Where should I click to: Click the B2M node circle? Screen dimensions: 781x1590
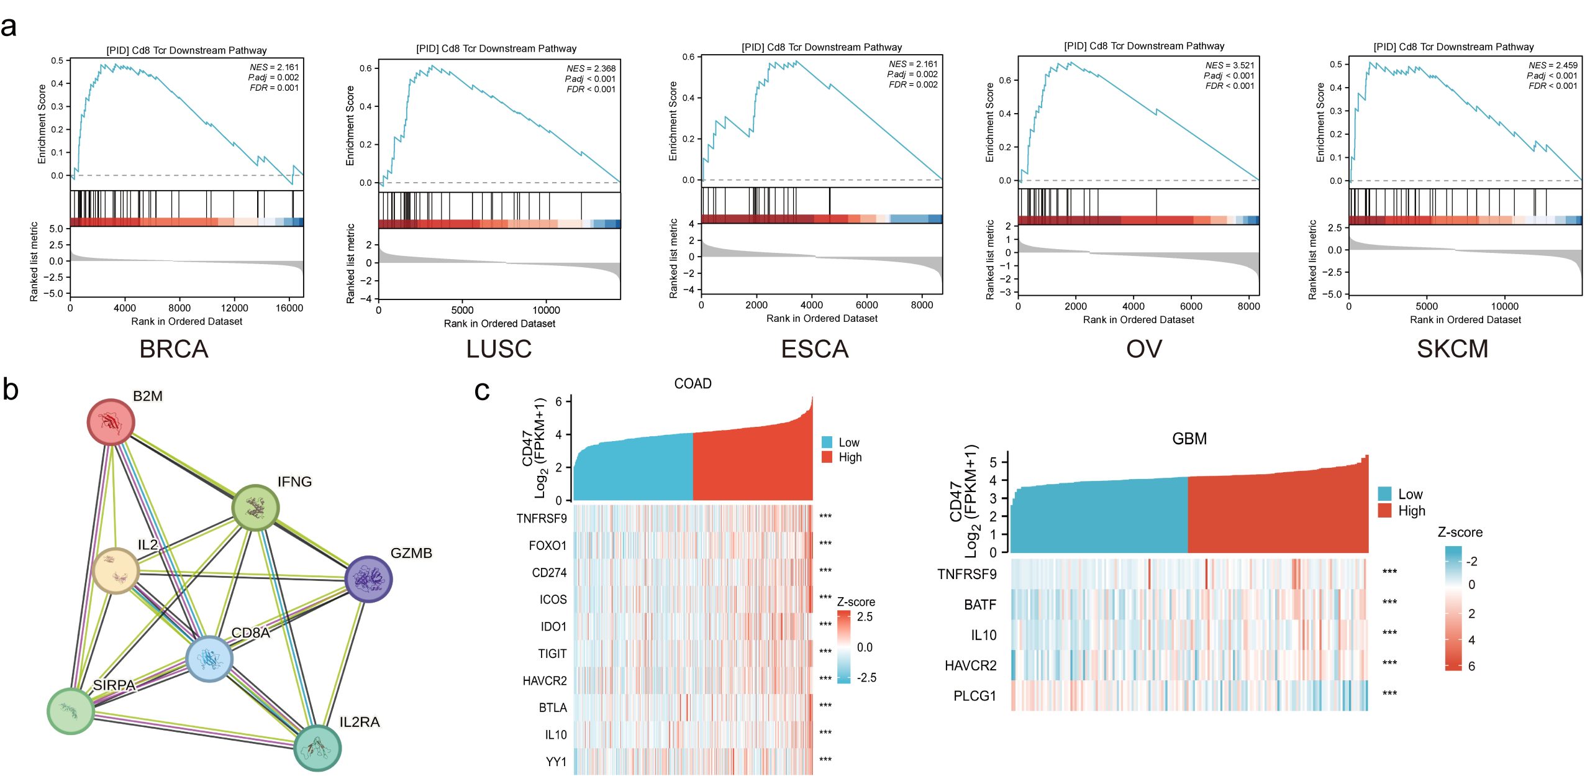pos(111,422)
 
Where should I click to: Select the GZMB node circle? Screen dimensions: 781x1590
pos(368,578)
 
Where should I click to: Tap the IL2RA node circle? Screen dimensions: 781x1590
pos(317,747)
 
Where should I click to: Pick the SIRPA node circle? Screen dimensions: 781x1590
pos(71,711)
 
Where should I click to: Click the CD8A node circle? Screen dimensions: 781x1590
pos(209,659)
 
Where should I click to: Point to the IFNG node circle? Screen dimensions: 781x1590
pos(255,508)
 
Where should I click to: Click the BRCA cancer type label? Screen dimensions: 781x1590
pos(174,349)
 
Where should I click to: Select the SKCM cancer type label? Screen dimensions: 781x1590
pos(1452,349)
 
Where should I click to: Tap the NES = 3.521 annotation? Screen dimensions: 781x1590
pos(1229,65)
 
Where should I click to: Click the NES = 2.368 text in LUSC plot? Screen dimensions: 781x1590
pos(591,68)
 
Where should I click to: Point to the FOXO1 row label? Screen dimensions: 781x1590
pos(547,546)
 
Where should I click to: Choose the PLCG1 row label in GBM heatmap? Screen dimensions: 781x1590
pos(974,696)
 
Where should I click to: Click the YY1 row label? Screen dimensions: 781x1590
pos(556,762)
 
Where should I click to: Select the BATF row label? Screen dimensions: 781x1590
pos(980,605)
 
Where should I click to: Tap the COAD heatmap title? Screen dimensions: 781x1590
pos(693,384)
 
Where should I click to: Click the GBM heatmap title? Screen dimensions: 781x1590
pos(1189,439)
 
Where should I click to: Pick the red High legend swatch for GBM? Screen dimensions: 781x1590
pos(1384,511)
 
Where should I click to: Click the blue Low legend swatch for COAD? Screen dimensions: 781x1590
pos(827,442)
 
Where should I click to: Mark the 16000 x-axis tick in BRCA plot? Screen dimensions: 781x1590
pos(289,308)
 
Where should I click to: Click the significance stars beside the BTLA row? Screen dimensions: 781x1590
pos(825,706)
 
